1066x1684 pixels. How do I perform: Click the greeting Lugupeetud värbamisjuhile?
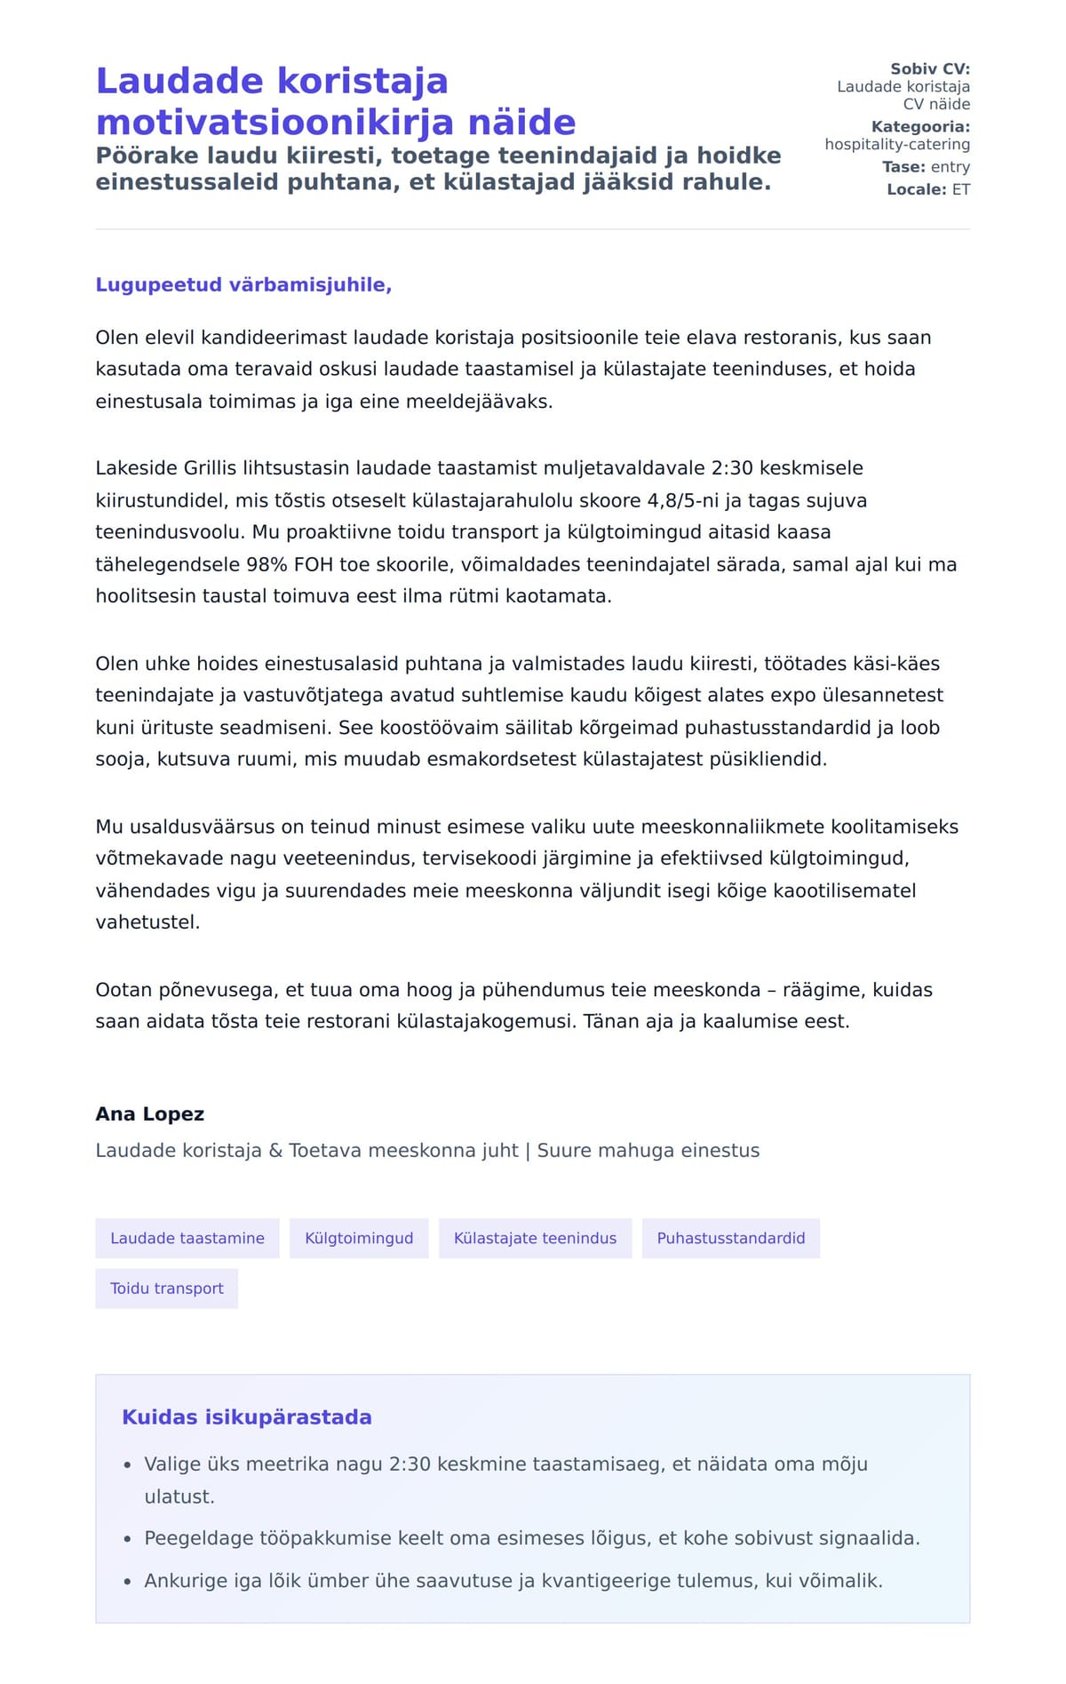[243, 285]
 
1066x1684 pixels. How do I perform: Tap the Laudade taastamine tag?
[187, 1238]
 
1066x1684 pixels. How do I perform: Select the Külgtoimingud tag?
[359, 1238]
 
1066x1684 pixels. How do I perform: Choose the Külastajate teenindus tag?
[535, 1238]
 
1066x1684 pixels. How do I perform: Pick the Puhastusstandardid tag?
[730, 1238]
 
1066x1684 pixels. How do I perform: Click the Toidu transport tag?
[167, 1289]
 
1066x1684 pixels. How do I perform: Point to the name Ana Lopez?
[150, 1114]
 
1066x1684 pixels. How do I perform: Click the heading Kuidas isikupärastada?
[247, 1417]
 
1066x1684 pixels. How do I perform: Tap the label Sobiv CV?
[929, 69]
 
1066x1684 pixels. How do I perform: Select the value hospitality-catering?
[897, 145]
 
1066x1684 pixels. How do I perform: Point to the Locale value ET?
[961, 189]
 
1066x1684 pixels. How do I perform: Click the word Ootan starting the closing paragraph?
[123, 990]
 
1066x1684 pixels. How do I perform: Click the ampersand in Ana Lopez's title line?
[275, 1151]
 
